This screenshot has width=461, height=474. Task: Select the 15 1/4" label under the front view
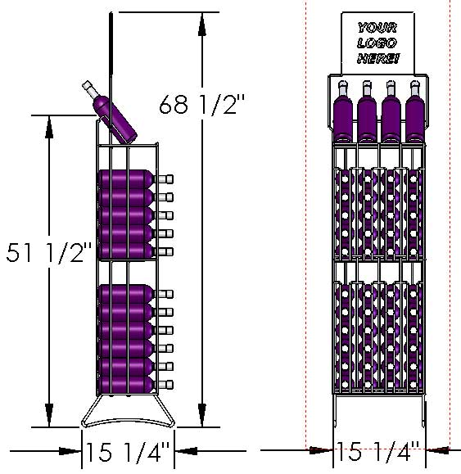[x=377, y=450]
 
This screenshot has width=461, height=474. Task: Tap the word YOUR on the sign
[x=377, y=28]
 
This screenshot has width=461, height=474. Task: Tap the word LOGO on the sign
[x=377, y=43]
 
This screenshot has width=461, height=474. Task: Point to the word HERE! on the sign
[x=377, y=58]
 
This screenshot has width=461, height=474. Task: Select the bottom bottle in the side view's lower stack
[x=127, y=382]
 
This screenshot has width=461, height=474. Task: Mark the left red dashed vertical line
[x=306, y=246]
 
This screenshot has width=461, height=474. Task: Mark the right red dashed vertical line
[x=450, y=246]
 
